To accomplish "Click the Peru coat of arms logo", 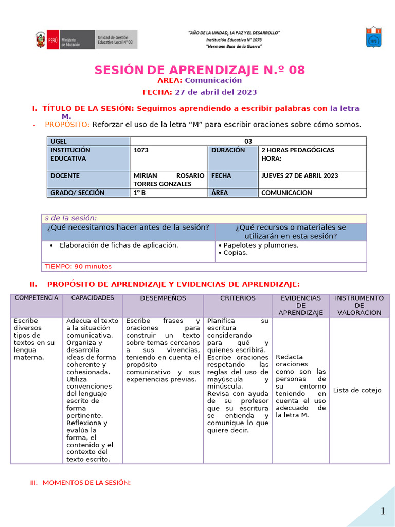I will (40, 40).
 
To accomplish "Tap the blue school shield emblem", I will (373, 37).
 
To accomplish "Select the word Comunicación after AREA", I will (213, 80).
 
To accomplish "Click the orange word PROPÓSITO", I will (67, 124).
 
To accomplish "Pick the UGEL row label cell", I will (88, 141).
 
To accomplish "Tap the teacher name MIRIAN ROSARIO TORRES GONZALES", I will (168, 180).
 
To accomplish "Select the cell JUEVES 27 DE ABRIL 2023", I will (299, 175).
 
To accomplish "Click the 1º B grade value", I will (139, 193).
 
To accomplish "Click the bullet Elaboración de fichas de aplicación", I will (119, 245).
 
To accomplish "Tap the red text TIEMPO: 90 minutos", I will (78, 266).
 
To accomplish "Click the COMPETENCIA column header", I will (37, 298).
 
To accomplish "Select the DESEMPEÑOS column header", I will (163, 298).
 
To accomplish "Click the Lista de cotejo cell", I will (357, 390).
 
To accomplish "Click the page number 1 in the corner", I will (383, 511).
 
